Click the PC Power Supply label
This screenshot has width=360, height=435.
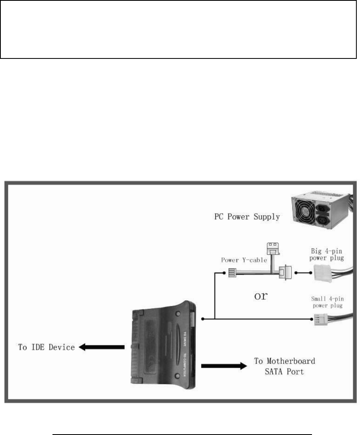click(247, 216)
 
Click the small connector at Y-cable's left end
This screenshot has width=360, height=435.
click(233, 273)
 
